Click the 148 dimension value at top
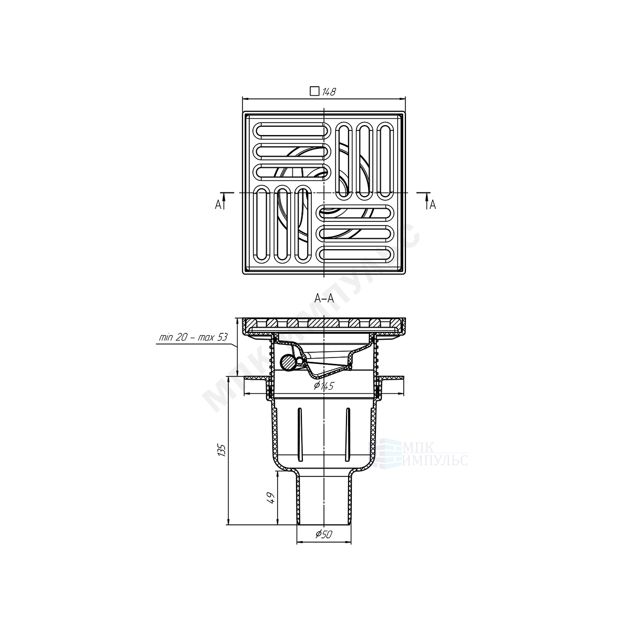[x=329, y=91]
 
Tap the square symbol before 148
[x=314, y=91]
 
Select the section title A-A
[x=323, y=298]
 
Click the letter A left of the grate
[x=218, y=205]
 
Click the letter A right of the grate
[x=433, y=205]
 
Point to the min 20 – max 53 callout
[x=193, y=338]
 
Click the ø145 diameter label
[x=324, y=386]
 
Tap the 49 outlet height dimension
[x=271, y=498]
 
